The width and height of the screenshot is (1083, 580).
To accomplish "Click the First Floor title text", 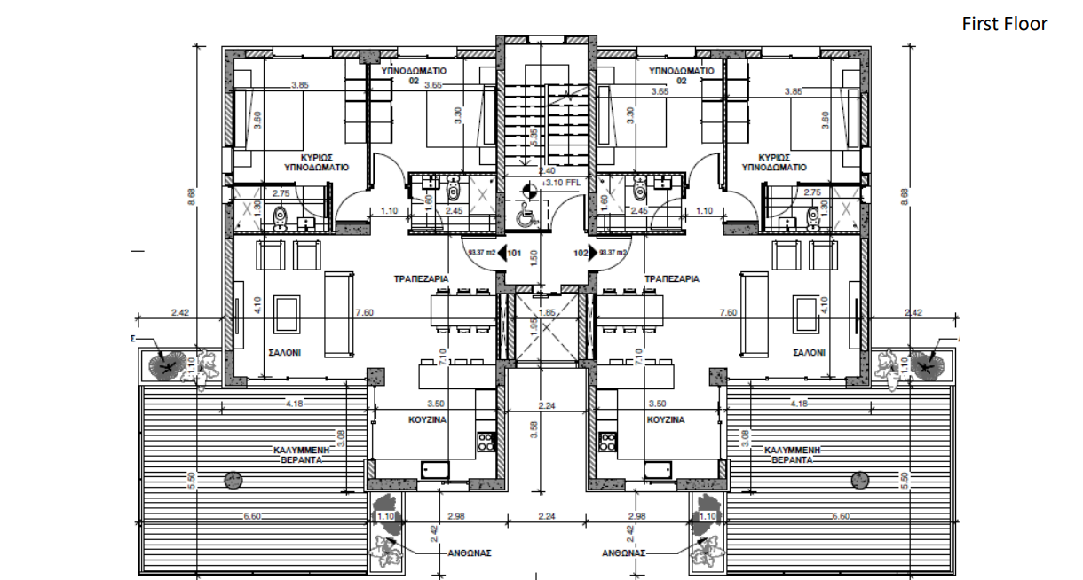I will [x=1004, y=24].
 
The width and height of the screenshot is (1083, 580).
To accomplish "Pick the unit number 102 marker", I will [x=581, y=253].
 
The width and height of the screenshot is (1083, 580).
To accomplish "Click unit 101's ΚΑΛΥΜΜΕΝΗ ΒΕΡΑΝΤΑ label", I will [x=297, y=455].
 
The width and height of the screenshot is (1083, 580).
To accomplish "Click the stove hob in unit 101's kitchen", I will [x=486, y=441].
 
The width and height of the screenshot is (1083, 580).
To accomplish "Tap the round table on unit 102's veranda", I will [x=859, y=480].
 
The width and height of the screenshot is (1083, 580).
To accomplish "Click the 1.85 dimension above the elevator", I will [x=547, y=312].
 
